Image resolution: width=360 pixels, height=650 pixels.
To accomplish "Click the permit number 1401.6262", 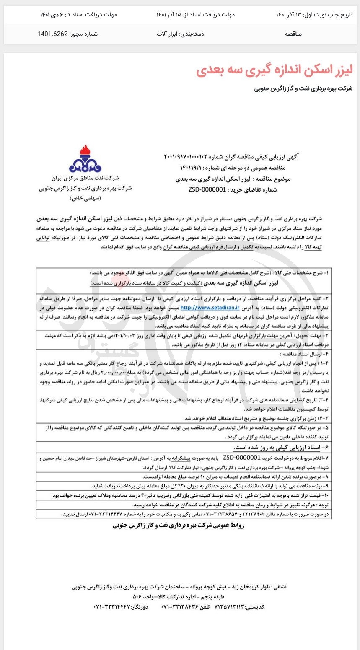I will pos(53,34).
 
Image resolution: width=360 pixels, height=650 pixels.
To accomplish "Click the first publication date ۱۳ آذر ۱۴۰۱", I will pos(289,15).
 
